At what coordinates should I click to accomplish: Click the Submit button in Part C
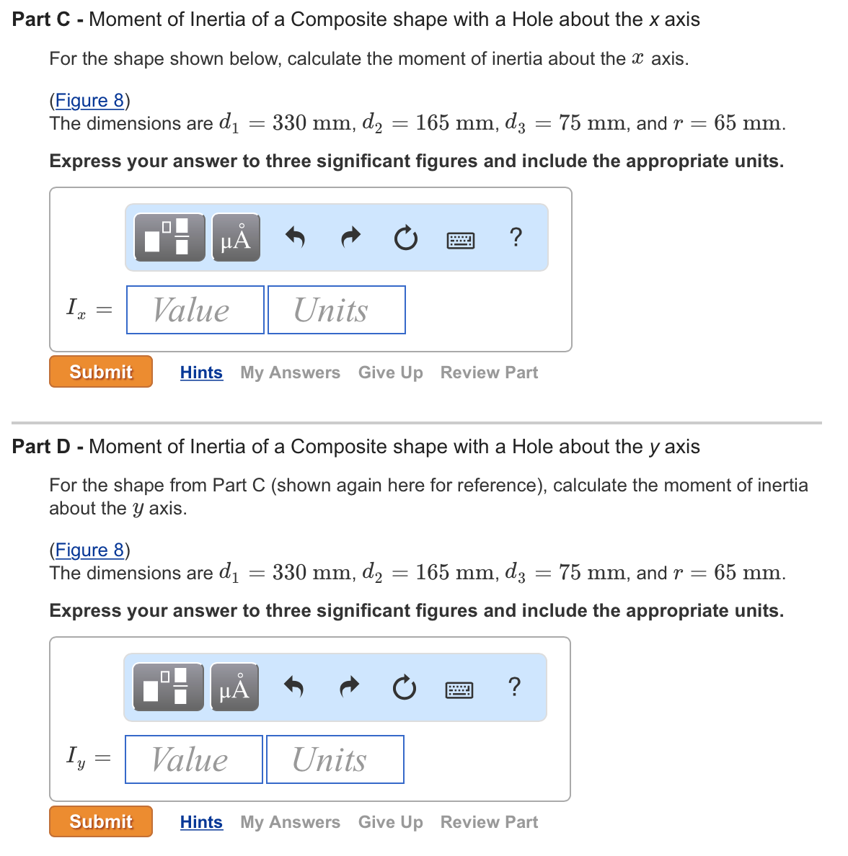[101, 372]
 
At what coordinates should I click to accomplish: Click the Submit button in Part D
[101, 821]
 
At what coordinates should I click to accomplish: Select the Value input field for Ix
[195, 310]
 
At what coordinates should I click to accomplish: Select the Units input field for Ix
[337, 310]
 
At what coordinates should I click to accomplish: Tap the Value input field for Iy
[194, 759]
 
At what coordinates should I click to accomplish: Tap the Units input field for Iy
[335, 759]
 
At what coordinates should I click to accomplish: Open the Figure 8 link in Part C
[89, 100]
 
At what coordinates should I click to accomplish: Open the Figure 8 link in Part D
[89, 550]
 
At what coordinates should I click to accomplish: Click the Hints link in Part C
[201, 373]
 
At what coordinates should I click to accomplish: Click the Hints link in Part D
[201, 822]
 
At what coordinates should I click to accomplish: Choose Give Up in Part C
[390, 373]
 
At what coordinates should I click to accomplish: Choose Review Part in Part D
[489, 822]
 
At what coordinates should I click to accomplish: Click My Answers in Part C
[290, 373]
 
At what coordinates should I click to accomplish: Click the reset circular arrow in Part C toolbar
[406, 238]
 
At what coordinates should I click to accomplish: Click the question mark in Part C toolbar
[515, 237]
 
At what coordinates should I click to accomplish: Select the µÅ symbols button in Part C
[236, 238]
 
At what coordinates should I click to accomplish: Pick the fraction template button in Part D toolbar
[169, 687]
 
